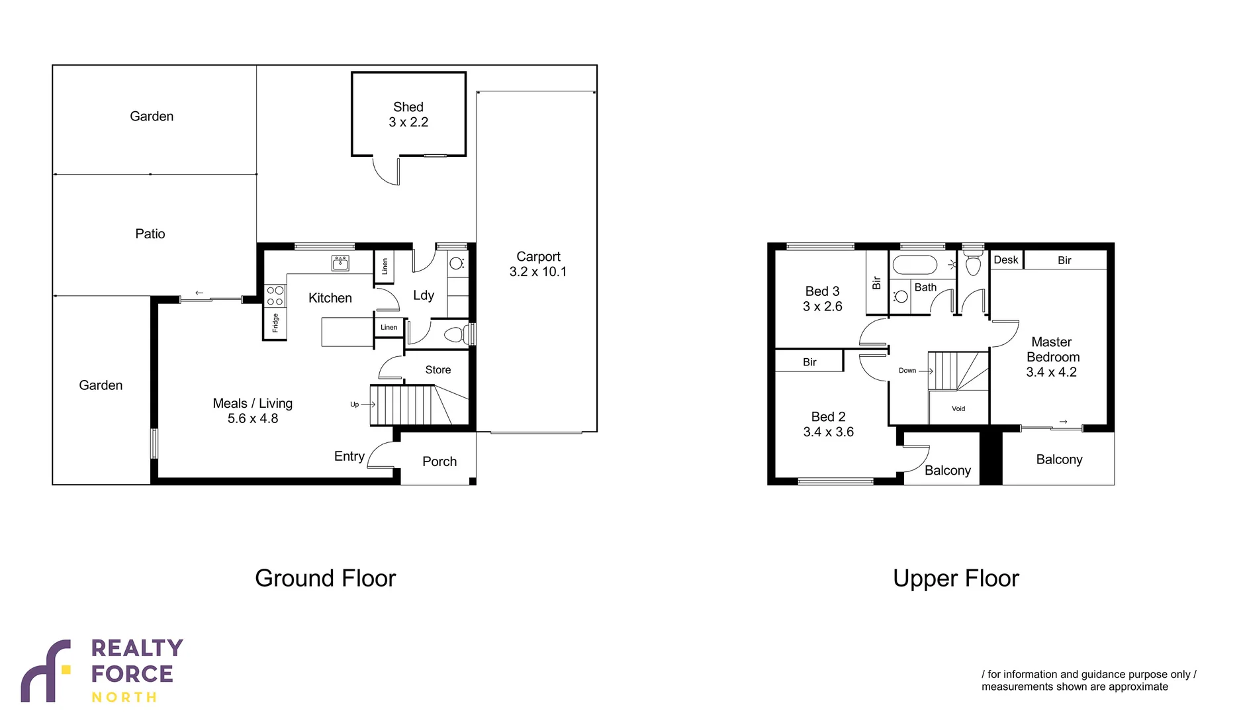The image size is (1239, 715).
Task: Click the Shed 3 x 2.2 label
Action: [x=408, y=115]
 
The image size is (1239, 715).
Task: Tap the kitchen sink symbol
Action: [x=340, y=263]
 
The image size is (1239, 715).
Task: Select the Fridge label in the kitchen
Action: [x=275, y=323]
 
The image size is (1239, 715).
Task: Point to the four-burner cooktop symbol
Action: [x=275, y=296]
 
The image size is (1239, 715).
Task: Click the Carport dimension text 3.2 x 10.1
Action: [x=537, y=271]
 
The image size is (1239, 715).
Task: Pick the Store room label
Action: [x=437, y=369]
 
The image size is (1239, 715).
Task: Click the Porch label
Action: [x=439, y=461]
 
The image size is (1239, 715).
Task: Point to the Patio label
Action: [x=150, y=234]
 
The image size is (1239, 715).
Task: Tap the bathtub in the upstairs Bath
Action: [x=915, y=265]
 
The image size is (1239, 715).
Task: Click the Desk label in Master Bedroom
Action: [x=1005, y=260]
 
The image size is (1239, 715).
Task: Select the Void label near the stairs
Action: [x=958, y=408]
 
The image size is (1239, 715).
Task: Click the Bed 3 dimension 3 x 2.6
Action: [x=822, y=307]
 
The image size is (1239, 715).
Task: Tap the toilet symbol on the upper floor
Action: [x=973, y=265]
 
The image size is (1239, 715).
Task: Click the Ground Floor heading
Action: [x=325, y=578]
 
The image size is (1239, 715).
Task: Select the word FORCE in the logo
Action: [x=132, y=674]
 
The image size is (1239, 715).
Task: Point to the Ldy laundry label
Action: [x=424, y=295]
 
